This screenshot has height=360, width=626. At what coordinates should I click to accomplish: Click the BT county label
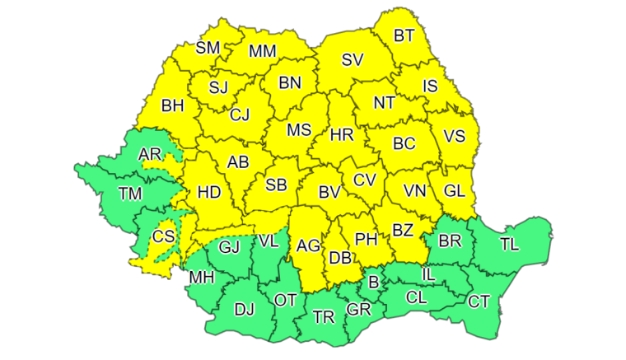(404, 35)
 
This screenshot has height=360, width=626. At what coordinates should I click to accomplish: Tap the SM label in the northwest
(208, 48)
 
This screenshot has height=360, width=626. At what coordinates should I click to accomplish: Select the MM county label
(262, 51)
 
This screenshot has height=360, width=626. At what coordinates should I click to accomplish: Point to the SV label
(353, 59)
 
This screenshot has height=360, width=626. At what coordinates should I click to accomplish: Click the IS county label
(430, 86)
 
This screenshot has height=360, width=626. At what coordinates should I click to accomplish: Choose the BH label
(173, 105)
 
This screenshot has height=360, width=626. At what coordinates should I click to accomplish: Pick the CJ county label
(240, 115)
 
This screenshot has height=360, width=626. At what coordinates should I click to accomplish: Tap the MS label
(299, 130)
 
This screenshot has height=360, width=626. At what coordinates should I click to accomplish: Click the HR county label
(341, 134)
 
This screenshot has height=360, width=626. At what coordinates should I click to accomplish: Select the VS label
(455, 137)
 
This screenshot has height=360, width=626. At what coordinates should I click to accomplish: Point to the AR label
(150, 154)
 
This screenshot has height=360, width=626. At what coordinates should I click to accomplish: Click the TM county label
(130, 194)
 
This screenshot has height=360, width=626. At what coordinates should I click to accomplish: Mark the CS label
(164, 236)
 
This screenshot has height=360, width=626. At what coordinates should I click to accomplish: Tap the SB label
(276, 185)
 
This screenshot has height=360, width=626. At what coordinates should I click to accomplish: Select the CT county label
(479, 302)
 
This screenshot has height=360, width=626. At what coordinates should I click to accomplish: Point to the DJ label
(244, 310)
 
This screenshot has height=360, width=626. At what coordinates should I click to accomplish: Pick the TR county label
(324, 316)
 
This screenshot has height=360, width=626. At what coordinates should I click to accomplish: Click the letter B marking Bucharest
(372, 283)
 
